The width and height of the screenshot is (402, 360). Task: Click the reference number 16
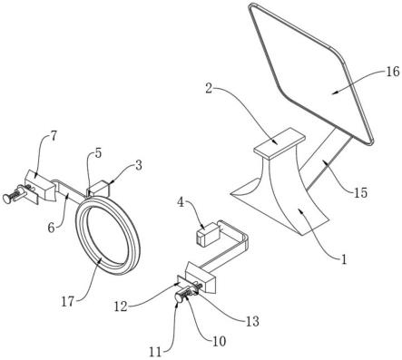(392, 73)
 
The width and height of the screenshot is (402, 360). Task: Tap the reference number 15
(359, 192)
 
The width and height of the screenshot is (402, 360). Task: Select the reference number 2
(209, 89)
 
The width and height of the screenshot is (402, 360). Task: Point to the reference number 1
(343, 259)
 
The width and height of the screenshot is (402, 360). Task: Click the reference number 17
(68, 301)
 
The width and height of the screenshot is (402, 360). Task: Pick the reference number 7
(54, 137)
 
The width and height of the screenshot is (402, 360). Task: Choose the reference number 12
(121, 306)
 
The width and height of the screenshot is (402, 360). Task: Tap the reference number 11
(156, 352)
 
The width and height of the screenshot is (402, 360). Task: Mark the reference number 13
(251, 321)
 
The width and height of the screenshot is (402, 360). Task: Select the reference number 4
(181, 202)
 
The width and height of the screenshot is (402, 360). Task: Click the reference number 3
(138, 165)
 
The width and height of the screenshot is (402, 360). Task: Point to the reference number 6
(52, 228)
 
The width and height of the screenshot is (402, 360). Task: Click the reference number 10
(219, 341)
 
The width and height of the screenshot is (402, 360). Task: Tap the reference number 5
(98, 153)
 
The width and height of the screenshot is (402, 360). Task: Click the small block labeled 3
(99, 189)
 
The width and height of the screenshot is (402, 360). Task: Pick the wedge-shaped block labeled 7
(39, 185)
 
